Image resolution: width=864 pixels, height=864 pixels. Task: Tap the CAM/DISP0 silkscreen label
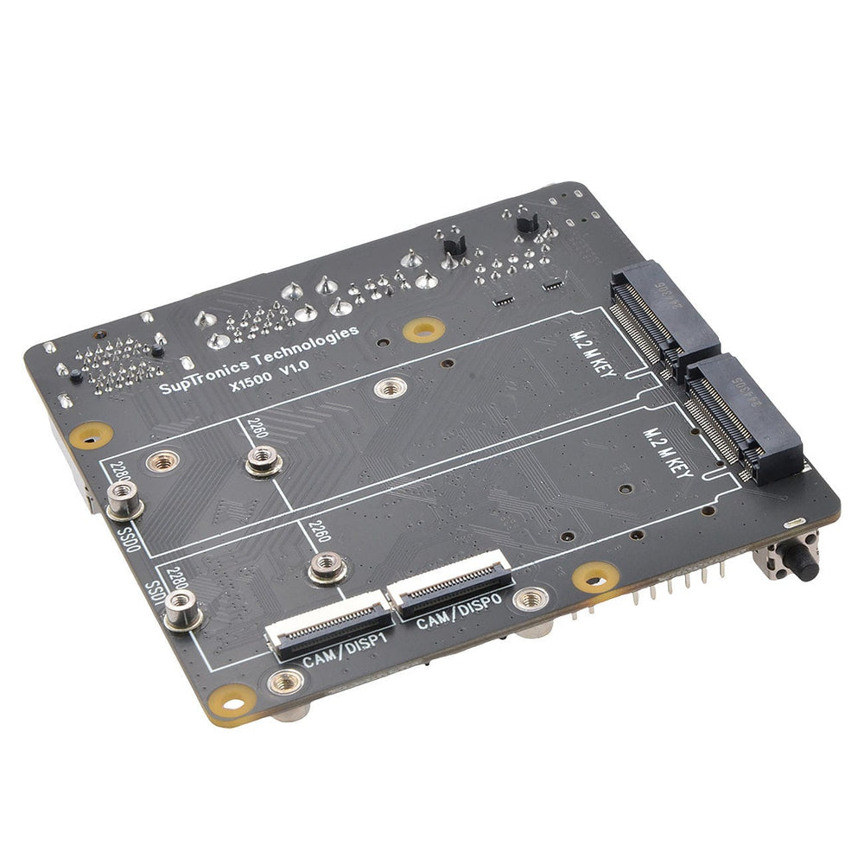tap(458, 611)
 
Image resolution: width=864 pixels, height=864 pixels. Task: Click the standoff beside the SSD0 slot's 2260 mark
tap(263, 462)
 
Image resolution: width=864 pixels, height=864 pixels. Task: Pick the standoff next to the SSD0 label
tap(124, 499)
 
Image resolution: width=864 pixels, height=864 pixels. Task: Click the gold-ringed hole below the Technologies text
tap(423, 328)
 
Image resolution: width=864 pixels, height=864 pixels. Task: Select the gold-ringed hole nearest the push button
tap(595, 577)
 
